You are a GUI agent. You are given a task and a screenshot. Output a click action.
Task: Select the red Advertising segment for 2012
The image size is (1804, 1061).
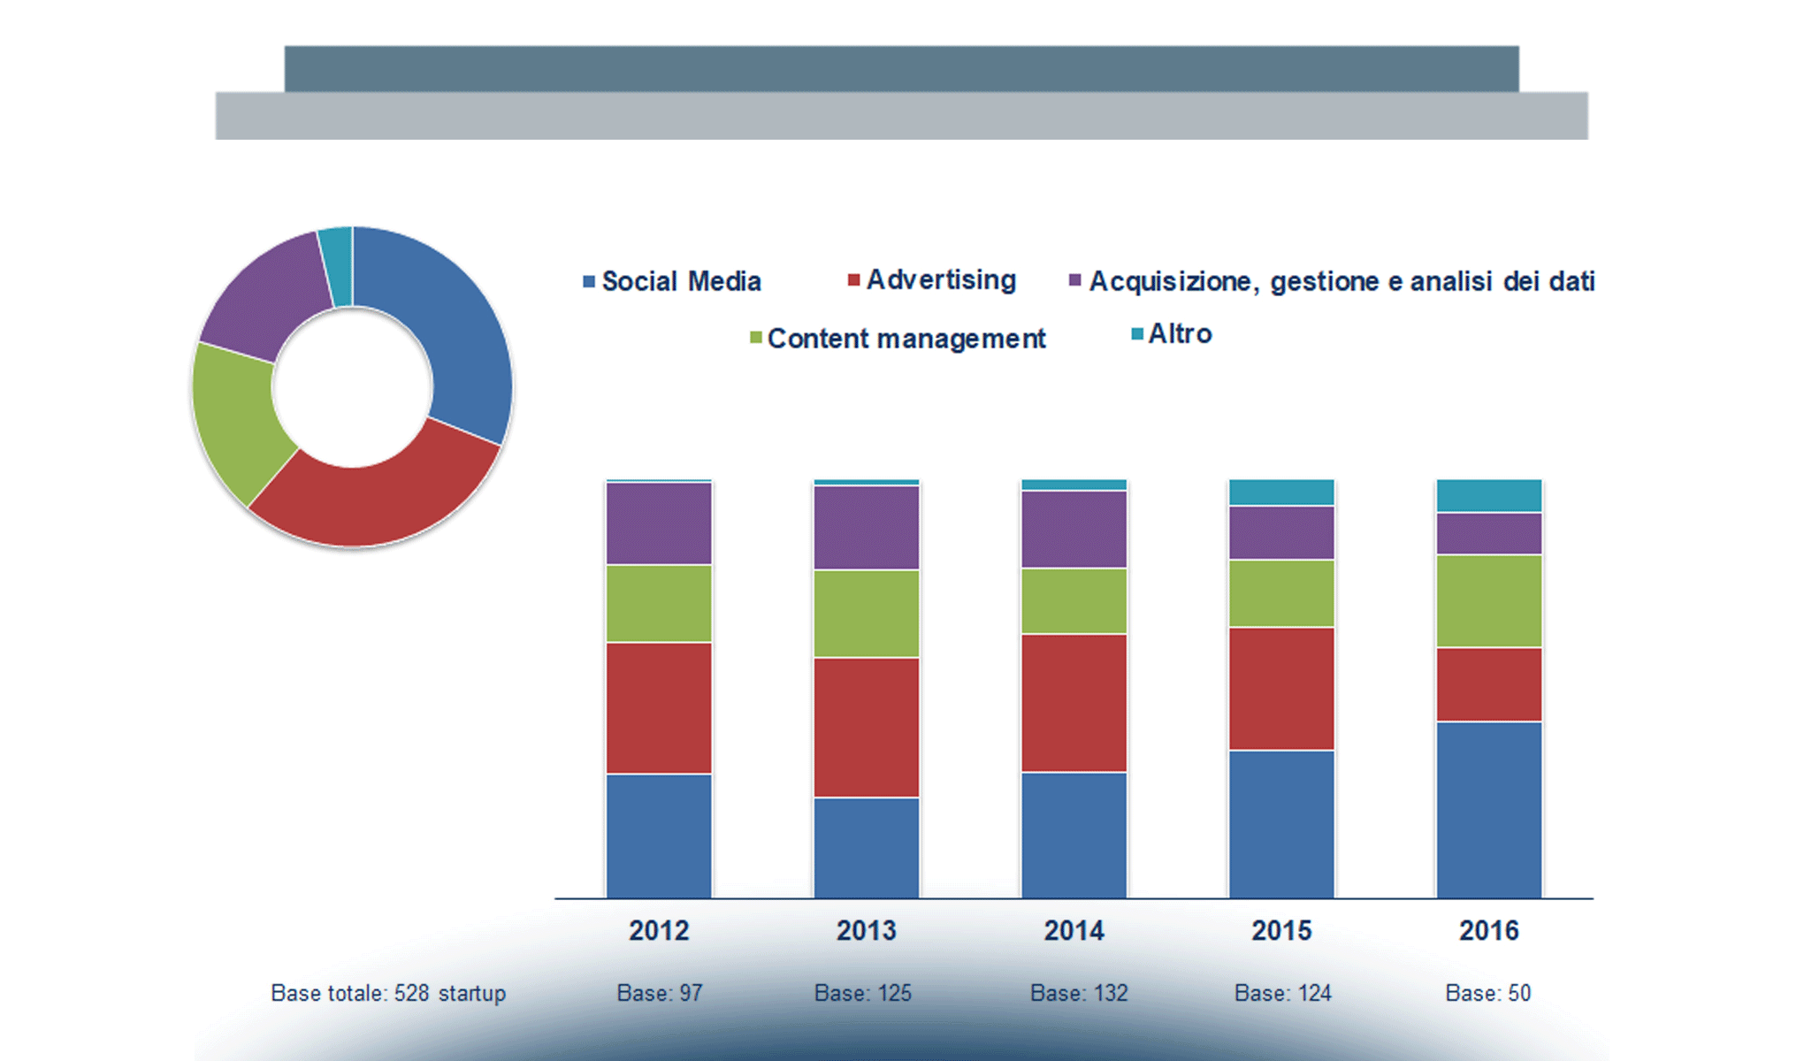pos(659,707)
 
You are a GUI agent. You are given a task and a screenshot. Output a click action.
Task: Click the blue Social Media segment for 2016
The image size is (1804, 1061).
pos(1489,809)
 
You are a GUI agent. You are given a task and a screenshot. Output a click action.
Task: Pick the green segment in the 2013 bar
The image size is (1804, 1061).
pos(867,614)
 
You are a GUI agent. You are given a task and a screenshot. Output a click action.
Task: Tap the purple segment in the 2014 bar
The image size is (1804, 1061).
pos(1074,529)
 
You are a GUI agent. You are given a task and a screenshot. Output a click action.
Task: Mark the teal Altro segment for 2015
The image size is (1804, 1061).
pos(1281,492)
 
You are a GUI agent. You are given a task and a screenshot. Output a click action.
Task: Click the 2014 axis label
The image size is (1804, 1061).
pos(1074,930)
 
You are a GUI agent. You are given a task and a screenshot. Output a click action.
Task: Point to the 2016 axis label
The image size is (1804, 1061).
pos(1488,930)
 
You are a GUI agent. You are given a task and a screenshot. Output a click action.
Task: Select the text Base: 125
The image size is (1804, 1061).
pos(862,993)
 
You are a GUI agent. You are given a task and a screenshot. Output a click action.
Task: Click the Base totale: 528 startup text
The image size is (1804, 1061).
pos(388,993)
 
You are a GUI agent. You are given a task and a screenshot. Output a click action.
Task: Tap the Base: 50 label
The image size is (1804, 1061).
pos(1487,993)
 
